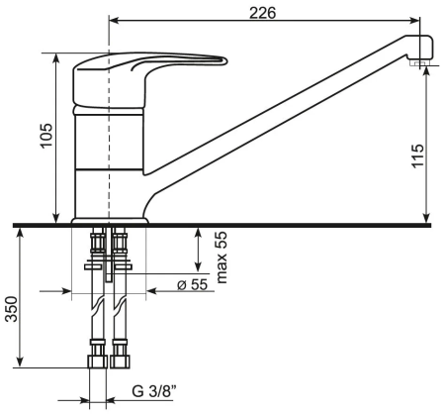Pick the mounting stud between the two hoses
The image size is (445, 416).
click(x=110, y=260)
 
